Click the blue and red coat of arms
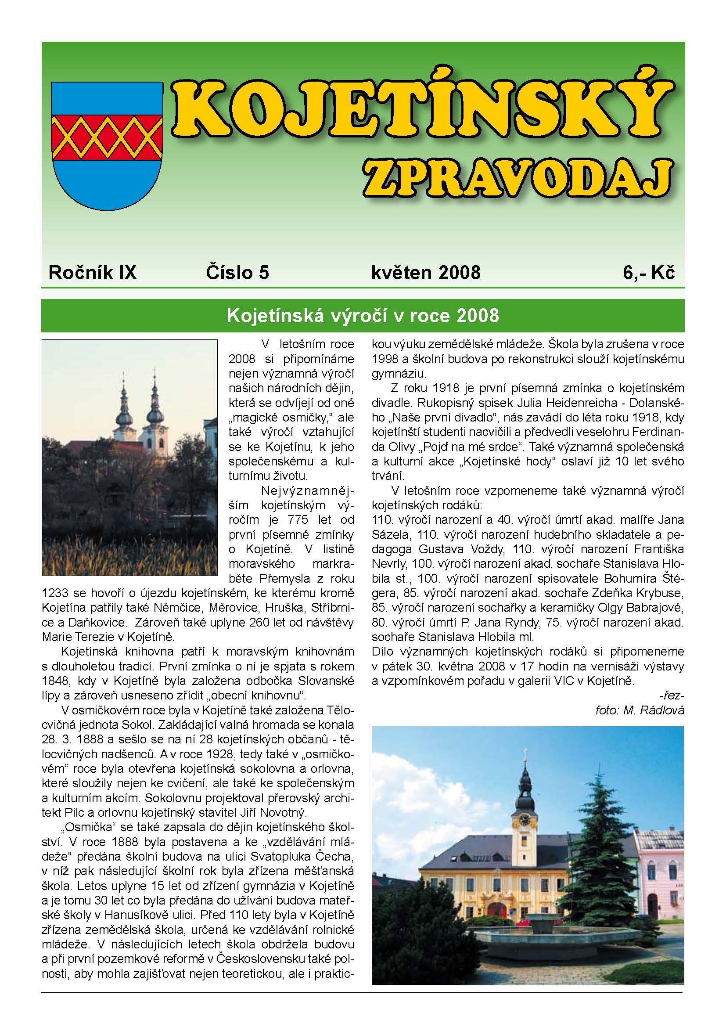pos(107,146)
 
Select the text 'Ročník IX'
pos(93,272)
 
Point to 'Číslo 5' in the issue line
pos(237,272)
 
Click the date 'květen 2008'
pos(426,272)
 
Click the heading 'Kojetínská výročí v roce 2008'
pos(363,316)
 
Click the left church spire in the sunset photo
pos(124,403)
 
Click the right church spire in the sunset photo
pos(155,398)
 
